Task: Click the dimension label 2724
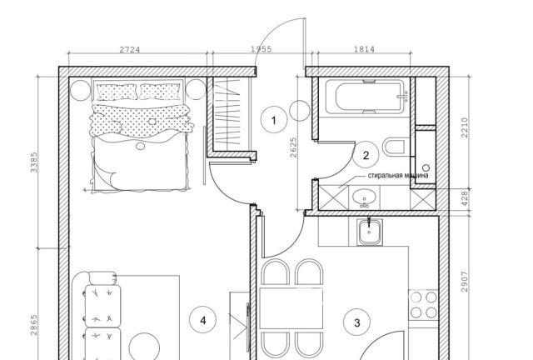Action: (130, 50)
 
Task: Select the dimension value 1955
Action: (262, 49)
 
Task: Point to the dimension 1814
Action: (365, 49)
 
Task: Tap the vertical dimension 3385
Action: (34, 162)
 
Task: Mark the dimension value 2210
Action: (465, 127)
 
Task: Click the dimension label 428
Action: (465, 198)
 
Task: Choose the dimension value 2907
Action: (465, 282)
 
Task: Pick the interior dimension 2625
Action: (294, 147)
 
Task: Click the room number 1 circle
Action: (274, 120)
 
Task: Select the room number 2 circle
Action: (366, 156)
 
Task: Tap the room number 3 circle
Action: (357, 322)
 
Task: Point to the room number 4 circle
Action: (203, 320)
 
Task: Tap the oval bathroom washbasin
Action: (365, 197)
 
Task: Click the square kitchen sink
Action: (370, 232)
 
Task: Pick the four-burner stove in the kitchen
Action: (423, 305)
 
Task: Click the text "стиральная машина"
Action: (398, 176)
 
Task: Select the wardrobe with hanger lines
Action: (232, 114)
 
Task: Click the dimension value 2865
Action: (34, 325)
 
